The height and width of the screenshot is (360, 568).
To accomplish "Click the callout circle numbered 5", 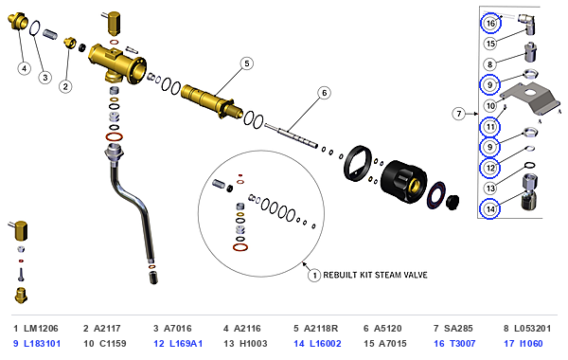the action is (x=247, y=63).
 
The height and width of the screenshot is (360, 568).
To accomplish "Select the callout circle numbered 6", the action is (x=324, y=93).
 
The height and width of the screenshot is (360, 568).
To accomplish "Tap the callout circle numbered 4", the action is (x=25, y=68).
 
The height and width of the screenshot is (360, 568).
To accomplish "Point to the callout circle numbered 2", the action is (x=65, y=86).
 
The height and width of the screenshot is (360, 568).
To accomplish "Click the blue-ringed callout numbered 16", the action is (x=490, y=23).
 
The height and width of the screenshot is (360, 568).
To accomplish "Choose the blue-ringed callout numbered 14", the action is (x=489, y=209).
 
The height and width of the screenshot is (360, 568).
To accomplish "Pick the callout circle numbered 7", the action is (x=459, y=114).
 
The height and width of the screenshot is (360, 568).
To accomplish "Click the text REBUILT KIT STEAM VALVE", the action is (x=375, y=275).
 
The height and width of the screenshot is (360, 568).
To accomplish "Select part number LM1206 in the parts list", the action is (x=41, y=329).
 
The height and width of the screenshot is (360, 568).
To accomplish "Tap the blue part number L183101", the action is (x=42, y=343).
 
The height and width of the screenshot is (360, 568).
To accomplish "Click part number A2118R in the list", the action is (x=321, y=329).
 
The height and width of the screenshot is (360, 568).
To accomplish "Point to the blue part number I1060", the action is (x=531, y=343).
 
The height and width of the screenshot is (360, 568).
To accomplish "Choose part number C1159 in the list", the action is (x=110, y=343).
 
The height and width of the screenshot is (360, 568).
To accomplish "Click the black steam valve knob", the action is (x=404, y=181).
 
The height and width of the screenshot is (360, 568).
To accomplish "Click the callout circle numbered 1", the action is (x=314, y=275).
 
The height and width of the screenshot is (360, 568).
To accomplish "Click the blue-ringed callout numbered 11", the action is (x=489, y=127).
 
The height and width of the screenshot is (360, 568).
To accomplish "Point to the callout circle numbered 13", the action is (x=490, y=189).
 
